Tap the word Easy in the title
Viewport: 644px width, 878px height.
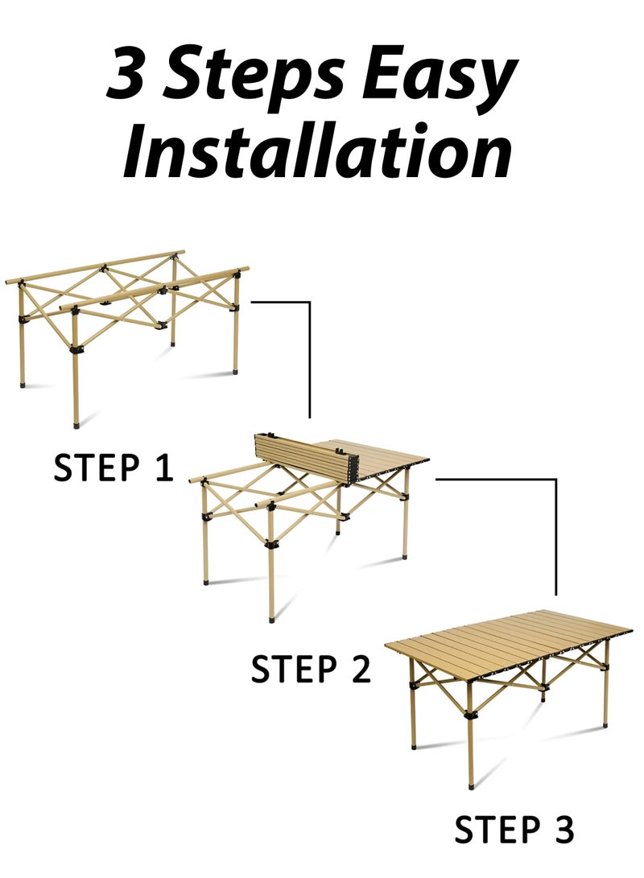[439, 78]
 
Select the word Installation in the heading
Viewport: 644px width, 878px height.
[317, 149]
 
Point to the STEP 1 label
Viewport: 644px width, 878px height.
[113, 468]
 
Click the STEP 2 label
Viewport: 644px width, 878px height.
[311, 669]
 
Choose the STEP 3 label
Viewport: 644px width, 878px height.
[514, 830]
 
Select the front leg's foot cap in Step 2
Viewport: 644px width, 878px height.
[272, 619]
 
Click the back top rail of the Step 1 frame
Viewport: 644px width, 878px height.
[95, 266]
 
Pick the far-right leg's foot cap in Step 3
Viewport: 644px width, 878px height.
[605, 724]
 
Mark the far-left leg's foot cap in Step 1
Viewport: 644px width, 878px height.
[23, 384]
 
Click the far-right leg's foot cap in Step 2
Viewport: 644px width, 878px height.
[405, 556]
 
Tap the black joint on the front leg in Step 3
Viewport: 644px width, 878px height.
[470, 715]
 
